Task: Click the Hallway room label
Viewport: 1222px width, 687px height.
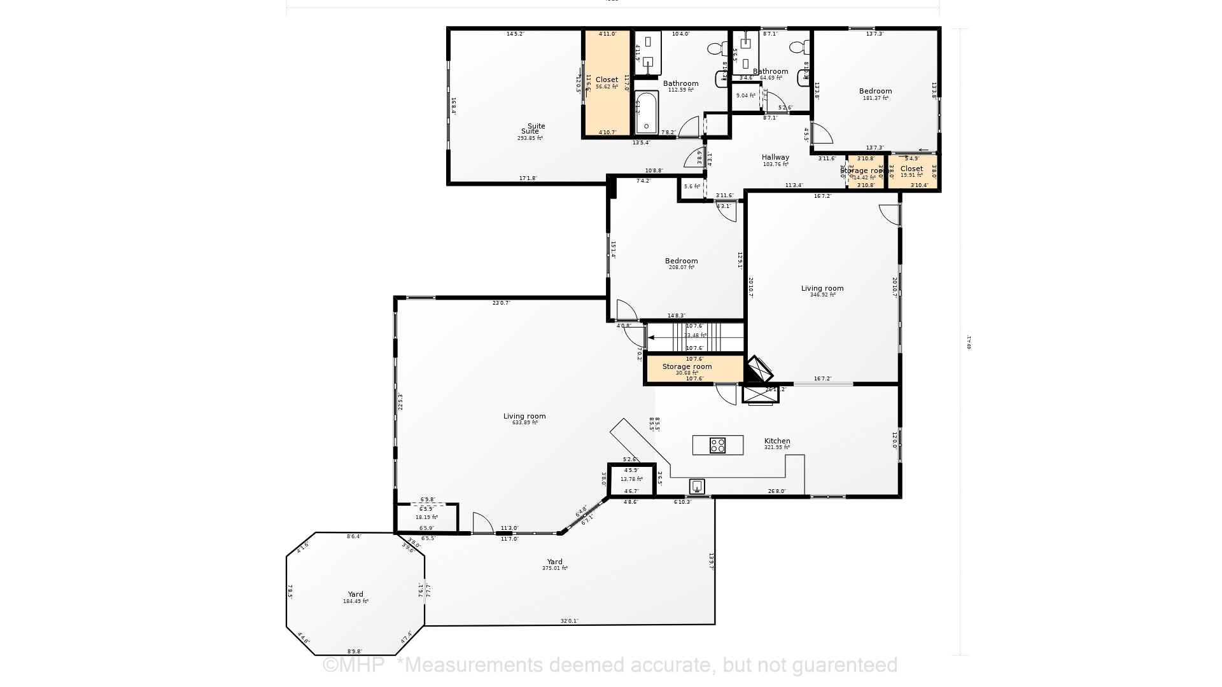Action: [775, 157]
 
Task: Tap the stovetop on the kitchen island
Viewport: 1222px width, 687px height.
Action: [717, 445]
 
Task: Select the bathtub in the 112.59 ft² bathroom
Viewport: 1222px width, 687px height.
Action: [646, 113]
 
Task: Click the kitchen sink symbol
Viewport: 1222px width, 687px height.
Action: [697, 487]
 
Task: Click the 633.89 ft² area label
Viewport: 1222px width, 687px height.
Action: [524, 422]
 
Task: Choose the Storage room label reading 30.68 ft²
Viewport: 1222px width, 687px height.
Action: [687, 367]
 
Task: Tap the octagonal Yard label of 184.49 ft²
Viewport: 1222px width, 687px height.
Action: [355, 594]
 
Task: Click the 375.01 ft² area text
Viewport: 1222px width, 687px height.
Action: [554, 568]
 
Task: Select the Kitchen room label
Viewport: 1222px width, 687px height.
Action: [777, 441]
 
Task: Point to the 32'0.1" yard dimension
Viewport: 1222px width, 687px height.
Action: [569, 621]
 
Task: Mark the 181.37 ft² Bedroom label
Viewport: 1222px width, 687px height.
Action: [875, 91]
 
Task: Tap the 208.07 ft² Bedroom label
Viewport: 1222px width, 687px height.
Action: [681, 261]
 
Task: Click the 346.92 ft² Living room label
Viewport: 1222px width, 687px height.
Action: [822, 288]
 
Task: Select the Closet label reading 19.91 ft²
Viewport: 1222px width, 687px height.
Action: [911, 169]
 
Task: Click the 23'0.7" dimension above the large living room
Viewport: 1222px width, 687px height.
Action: [501, 303]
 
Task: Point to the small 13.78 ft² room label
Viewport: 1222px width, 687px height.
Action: [631, 479]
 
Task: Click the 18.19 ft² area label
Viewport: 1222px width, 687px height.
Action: [426, 518]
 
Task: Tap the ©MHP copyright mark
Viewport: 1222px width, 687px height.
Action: [354, 665]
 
